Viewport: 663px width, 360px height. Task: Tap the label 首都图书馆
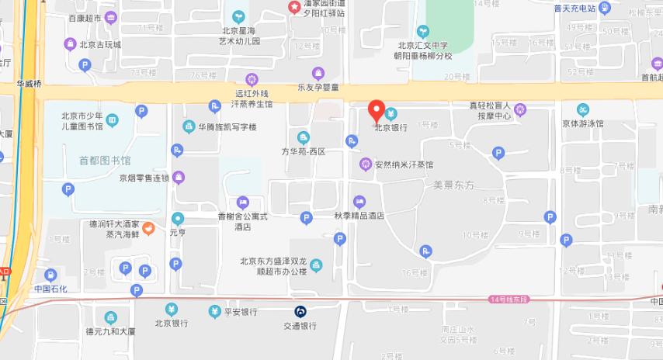pos(105,161)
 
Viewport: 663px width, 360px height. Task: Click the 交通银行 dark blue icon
pos(300,311)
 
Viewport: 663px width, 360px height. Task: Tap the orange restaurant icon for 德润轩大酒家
pos(149,228)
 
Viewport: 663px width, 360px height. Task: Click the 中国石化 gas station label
pos(50,289)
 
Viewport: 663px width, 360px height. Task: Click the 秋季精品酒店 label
pos(359,216)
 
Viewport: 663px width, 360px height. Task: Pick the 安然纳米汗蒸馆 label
pos(403,164)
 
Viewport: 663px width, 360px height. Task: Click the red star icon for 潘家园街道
pos(294,8)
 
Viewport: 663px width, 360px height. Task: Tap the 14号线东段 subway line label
pos(509,299)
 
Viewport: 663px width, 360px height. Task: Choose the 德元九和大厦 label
pos(111,331)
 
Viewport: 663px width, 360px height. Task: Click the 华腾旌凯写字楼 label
pos(227,127)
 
